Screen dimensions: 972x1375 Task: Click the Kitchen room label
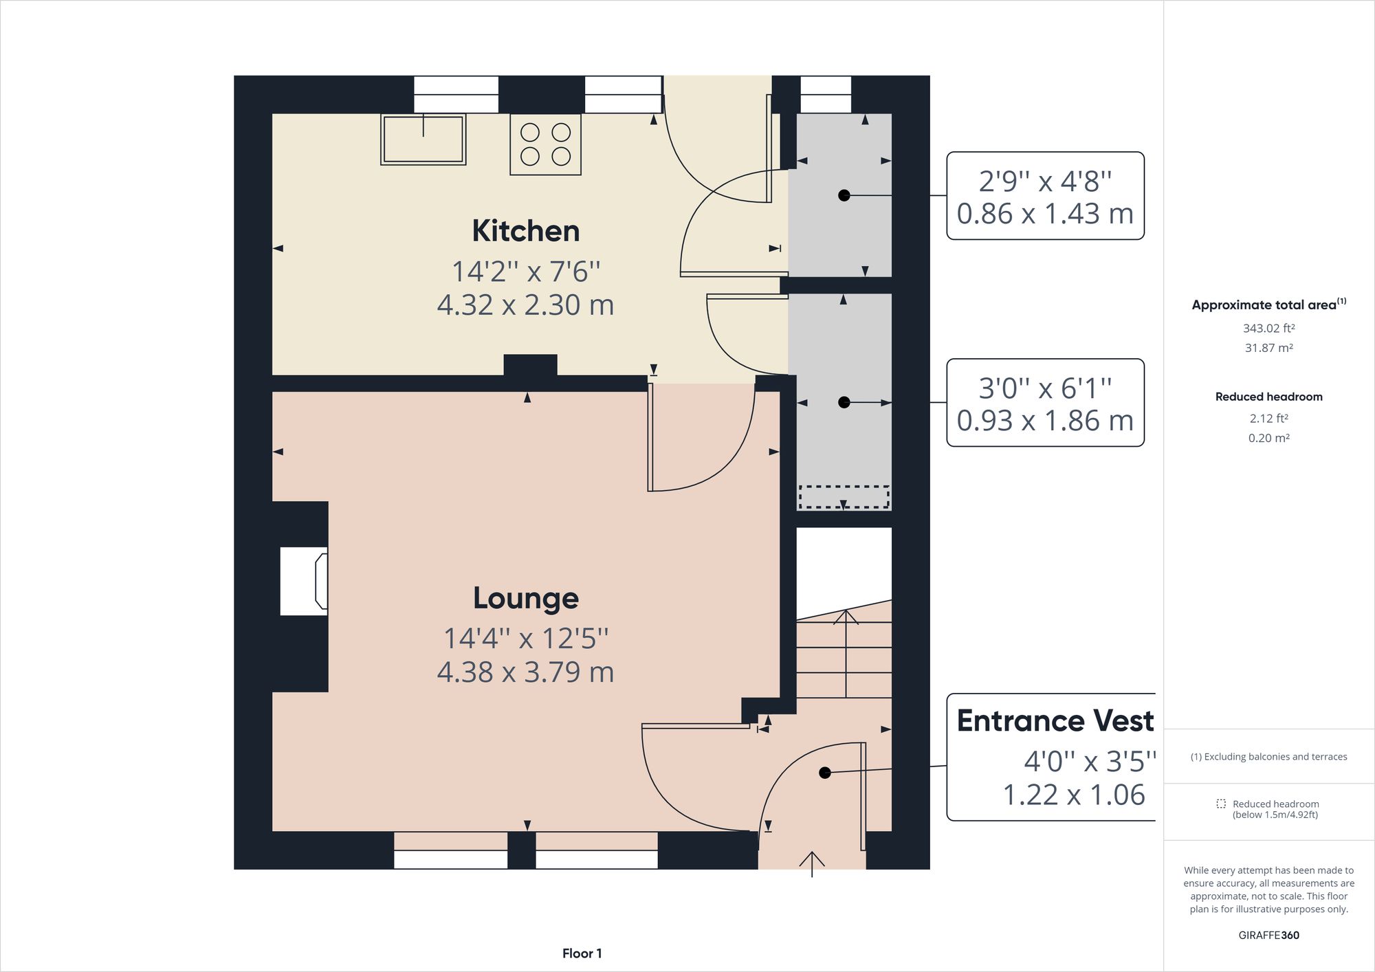pyautogui.click(x=525, y=231)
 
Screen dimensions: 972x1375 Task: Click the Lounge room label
pyautogui.click(x=525, y=598)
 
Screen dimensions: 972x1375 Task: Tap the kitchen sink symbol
pyautogui.click(x=423, y=140)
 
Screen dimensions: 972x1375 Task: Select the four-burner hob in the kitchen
pyautogui.click(x=545, y=144)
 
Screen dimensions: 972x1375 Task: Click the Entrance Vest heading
pyautogui.click(x=1055, y=720)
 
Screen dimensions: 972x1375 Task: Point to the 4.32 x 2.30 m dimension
pyautogui.click(x=525, y=305)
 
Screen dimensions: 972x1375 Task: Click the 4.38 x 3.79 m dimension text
pyautogui.click(x=525, y=672)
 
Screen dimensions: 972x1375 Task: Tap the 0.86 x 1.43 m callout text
pyautogui.click(x=1044, y=214)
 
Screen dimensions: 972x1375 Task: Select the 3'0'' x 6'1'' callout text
pyautogui.click(x=1044, y=388)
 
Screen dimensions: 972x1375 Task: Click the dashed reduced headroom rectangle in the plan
pyautogui.click(x=844, y=497)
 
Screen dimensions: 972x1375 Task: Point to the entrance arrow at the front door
pyautogui.click(x=812, y=863)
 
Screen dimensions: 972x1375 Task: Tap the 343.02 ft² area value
pyautogui.click(x=1268, y=329)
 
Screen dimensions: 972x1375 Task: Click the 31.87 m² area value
pyautogui.click(x=1268, y=348)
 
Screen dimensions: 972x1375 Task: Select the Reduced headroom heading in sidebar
pyautogui.click(x=1268, y=397)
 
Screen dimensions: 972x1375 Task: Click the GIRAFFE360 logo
pyautogui.click(x=1268, y=935)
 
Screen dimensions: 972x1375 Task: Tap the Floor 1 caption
pyautogui.click(x=582, y=953)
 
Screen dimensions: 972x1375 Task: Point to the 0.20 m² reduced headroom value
pyautogui.click(x=1268, y=438)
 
